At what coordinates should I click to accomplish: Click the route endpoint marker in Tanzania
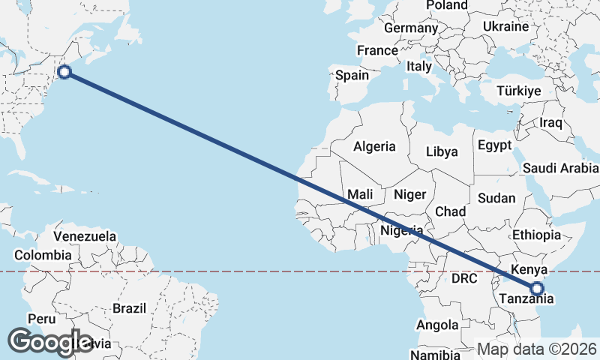click(x=537, y=287)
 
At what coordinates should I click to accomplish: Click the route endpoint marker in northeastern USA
click(x=64, y=72)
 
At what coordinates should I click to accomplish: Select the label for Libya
click(x=442, y=151)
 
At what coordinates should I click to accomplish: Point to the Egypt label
click(x=494, y=145)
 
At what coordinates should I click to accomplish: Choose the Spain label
click(x=352, y=75)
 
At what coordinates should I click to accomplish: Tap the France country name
click(x=377, y=51)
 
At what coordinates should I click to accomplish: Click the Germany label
click(x=410, y=28)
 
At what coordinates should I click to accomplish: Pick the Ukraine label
click(x=505, y=26)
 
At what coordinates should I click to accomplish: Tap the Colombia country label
click(x=43, y=255)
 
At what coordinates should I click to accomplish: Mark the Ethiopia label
click(x=537, y=235)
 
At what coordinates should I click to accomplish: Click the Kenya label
click(x=527, y=268)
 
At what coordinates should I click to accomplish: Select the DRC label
click(x=464, y=278)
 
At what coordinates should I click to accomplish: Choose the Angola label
click(x=437, y=325)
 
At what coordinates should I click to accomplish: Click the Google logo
click(x=50, y=341)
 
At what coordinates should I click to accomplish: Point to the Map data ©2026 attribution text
click(x=538, y=349)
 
